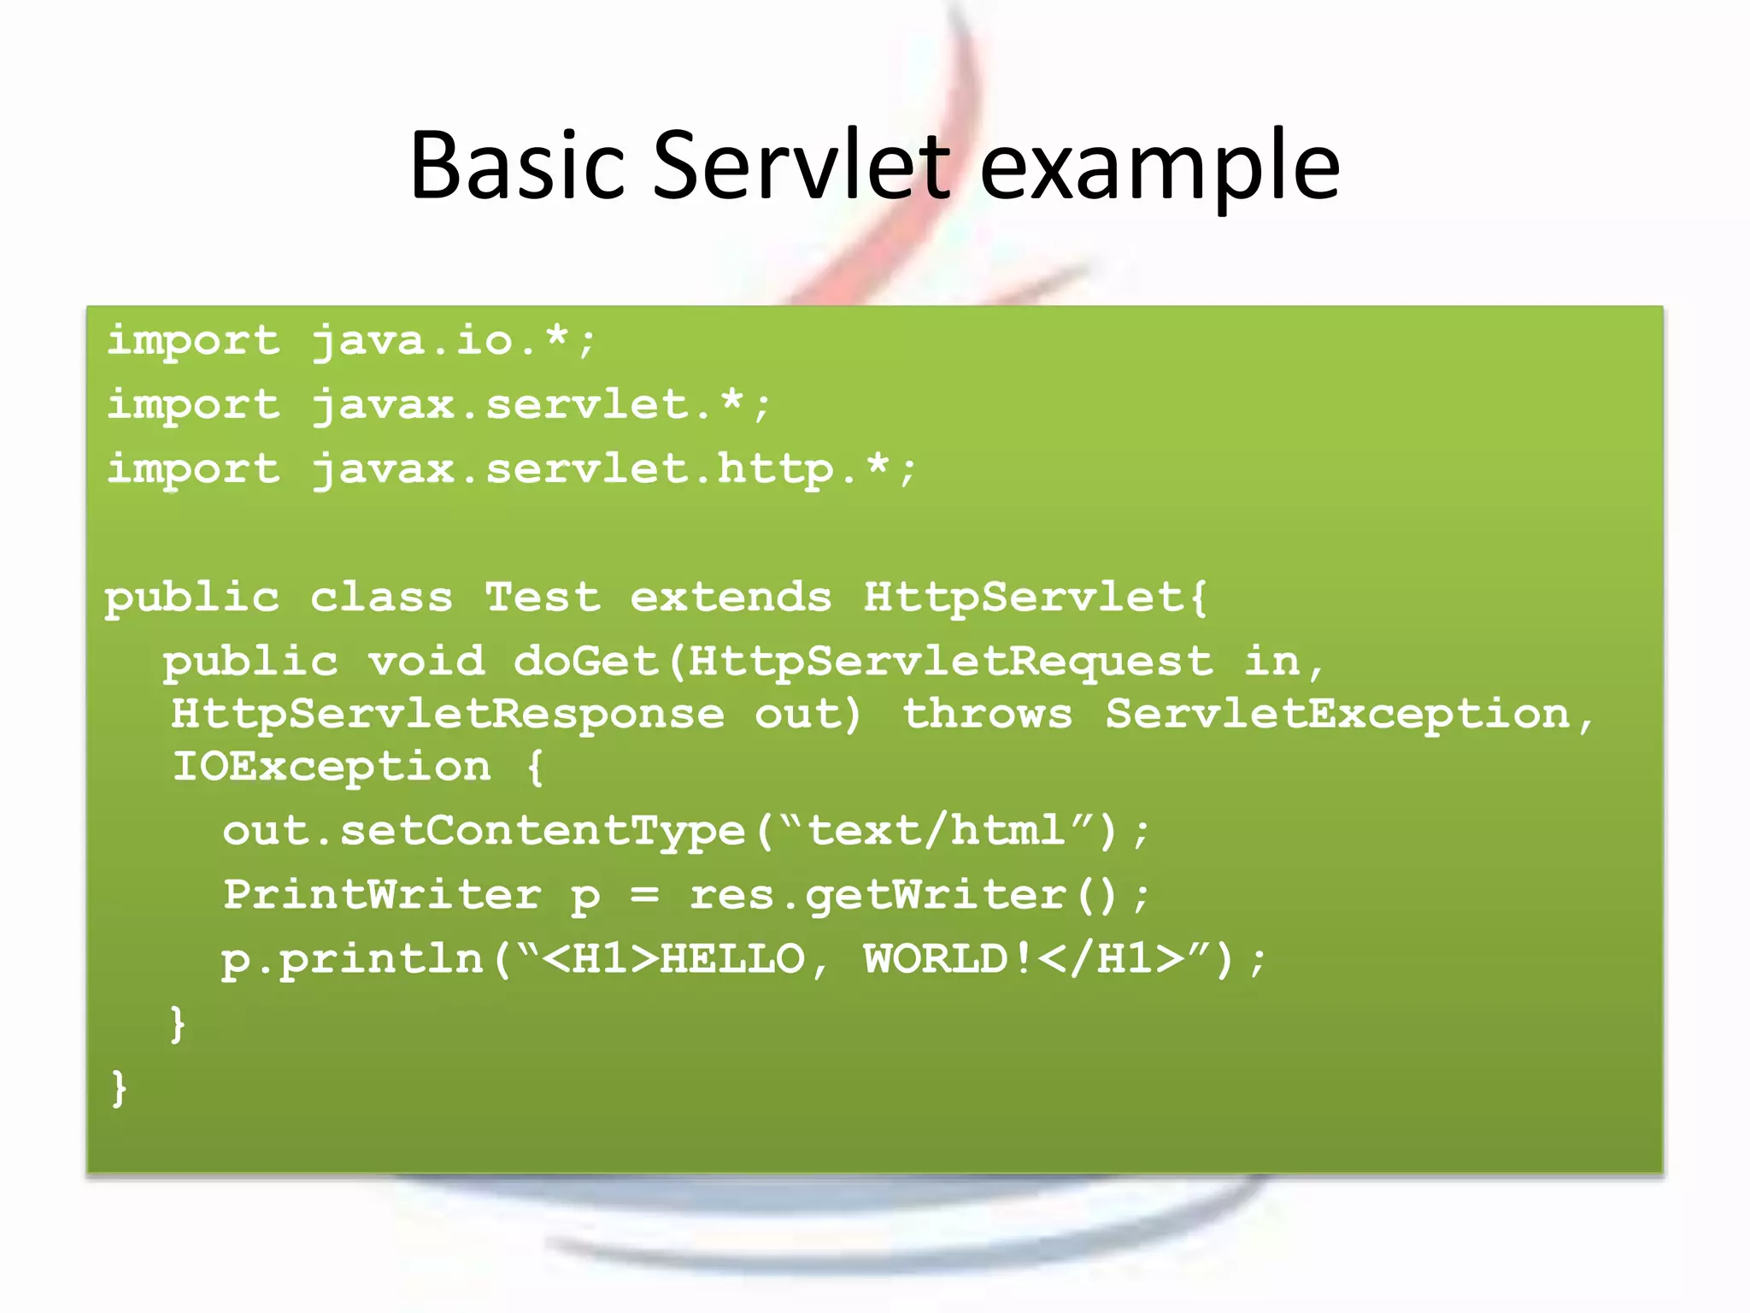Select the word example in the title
click(x=1159, y=167)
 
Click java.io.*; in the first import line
click(x=453, y=341)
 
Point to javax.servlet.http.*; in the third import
click(x=614, y=469)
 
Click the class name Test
click(x=543, y=597)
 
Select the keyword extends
click(x=731, y=597)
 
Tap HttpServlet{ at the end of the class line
click(x=1035, y=597)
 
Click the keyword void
click(x=426, y=661)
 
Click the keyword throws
click(x=987, y=714)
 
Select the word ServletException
click(x=1338, y=714)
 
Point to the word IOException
click(x=332, y=767)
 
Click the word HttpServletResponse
click(x=447, y=714)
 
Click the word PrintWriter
click(x=382, y=895)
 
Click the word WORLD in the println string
click(x=937, y=959)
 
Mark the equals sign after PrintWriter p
click(x=645, y=895)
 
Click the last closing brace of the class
click(x=119, y=1088)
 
